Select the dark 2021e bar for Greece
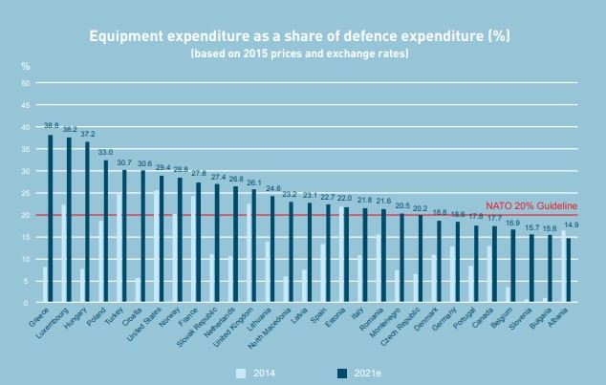(51, 219)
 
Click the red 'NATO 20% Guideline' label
(530, 206)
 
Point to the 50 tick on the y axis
(26, 83)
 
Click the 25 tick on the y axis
(26, 193)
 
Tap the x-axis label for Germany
(445, 320)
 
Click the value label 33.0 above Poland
(105, 153)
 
